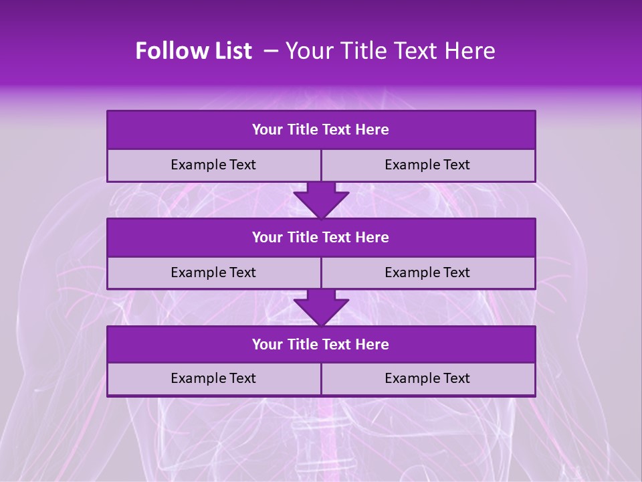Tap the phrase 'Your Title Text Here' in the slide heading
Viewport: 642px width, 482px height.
[x=390, y=51]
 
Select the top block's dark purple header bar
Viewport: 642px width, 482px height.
[x=321, y=130]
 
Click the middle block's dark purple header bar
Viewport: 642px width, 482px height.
[x=321, y=237]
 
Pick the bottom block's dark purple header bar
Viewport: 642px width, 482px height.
[x=321, y=344]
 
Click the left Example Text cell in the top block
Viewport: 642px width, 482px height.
[x=213, y=165]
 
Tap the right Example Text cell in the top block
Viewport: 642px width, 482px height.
[x=428, y=165]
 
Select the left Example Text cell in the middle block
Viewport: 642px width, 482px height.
[x=213, y=272]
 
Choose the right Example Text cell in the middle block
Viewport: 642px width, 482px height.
[x=428, y=272]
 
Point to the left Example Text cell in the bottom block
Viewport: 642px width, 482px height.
[x=213, y=378]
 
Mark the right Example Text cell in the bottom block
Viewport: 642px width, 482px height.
[x=428, y=378]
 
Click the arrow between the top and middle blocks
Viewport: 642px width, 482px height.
[x=321, y=199]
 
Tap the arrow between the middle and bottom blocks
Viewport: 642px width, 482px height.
[x=321, y=307]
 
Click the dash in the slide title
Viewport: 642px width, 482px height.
[x=271, y=51]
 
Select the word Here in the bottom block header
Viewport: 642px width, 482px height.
[x=372, y=344]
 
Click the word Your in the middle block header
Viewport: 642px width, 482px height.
[x=267, y=237]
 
